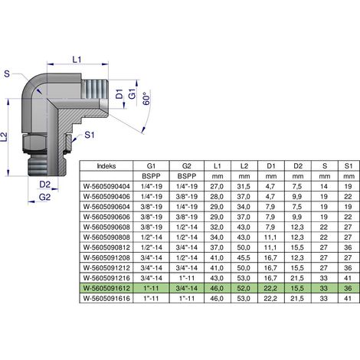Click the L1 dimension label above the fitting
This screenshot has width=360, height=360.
coord(77,60)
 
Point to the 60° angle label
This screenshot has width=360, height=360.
coord(146,99)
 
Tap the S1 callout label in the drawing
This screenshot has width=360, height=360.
coord(90,135)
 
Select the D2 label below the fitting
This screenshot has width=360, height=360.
coord(44,185)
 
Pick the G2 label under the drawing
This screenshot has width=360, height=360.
coord(44,197)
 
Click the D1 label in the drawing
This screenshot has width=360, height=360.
coord(119,94)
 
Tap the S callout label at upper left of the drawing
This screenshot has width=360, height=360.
coord(7,74)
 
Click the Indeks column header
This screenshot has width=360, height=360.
coord(106,166)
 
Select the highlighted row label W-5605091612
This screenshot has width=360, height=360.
coord(106,288)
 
